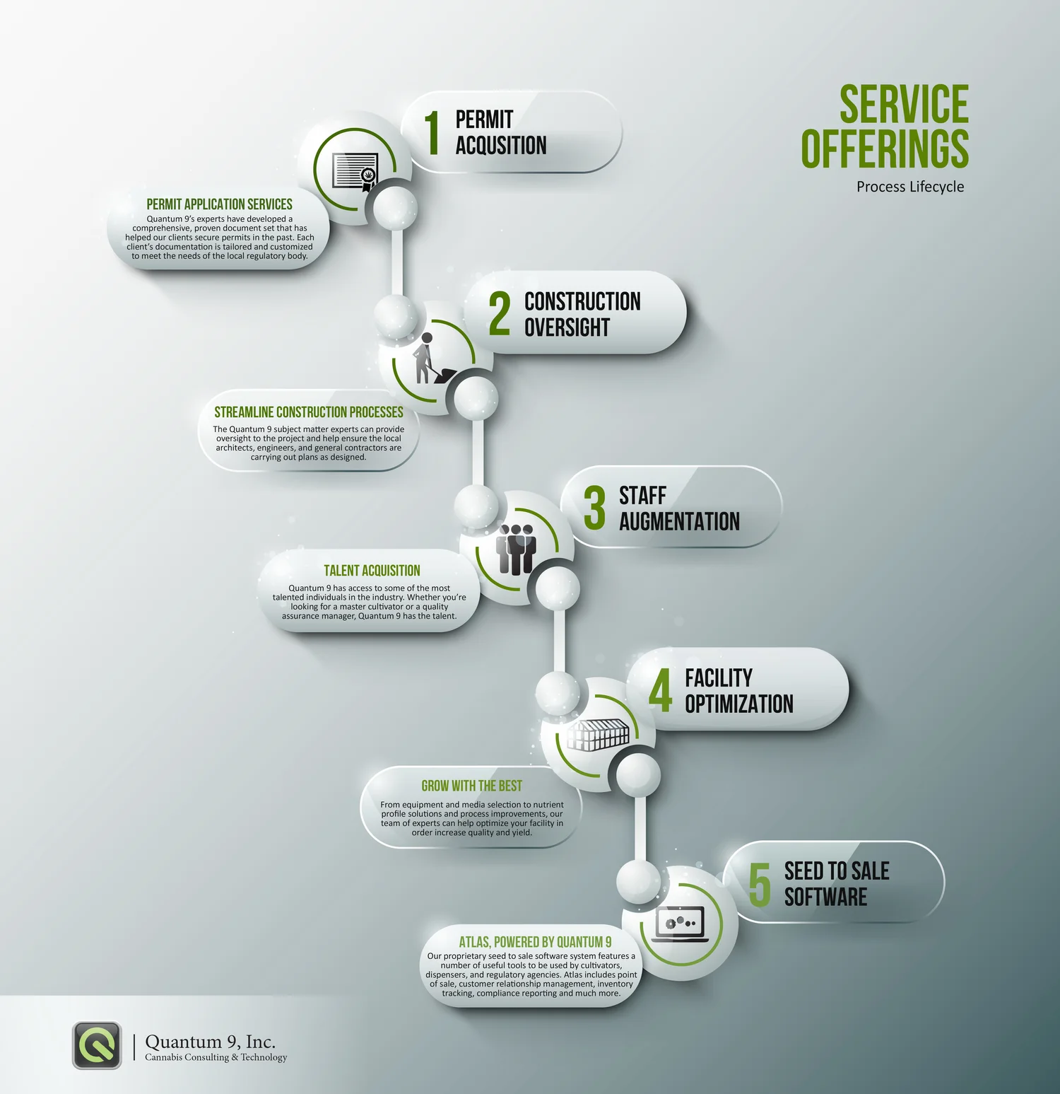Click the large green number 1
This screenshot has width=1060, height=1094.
pos(432,132)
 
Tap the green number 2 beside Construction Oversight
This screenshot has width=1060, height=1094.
pos(500,313)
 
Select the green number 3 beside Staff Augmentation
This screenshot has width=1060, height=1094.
pos(594,508)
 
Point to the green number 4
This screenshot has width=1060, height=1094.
pos(661,690)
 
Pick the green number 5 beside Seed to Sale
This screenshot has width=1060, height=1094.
pos(760,884)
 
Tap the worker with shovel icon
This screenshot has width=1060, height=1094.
pos(428,360)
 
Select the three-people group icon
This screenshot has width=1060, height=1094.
pos(517,549)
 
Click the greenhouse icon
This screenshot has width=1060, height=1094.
pos(598,735)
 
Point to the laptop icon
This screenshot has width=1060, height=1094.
pos(680,924)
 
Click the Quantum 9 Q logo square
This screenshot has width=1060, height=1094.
pos(97,1045)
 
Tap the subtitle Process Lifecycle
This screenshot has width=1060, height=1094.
pos(910,187)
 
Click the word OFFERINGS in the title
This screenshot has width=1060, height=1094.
pos(885,149)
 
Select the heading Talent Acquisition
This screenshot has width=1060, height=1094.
pos(372,571)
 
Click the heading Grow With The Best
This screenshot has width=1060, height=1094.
pos(471,786)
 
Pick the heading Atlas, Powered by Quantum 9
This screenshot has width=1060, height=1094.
pos(535,942)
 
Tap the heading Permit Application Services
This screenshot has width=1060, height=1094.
pos(219,204)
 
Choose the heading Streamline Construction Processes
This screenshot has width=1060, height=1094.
pos(309,412)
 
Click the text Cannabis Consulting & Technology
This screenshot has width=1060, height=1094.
pos(216,1057)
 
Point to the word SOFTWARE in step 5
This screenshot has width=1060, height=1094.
pos(825,897)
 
